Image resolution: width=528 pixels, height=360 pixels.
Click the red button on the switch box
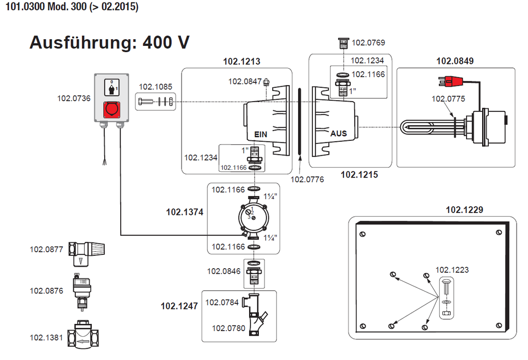point(112,110)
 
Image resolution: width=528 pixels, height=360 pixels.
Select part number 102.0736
point(74,98)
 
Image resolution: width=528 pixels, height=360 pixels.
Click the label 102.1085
point(156,87)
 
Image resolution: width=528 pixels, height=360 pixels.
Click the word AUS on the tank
point(339,134)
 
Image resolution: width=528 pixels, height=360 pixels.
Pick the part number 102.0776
point(307,179)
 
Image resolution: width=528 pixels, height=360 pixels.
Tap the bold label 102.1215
point(359,175)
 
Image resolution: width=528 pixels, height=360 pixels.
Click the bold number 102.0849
point(455,61)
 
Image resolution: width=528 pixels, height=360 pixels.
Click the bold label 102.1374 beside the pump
point(185,211)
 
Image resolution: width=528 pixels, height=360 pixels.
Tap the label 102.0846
point(224,271)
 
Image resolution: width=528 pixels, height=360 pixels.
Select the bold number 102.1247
point(179,306)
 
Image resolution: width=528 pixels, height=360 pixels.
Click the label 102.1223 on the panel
point(452,270)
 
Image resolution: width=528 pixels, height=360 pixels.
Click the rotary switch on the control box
point(112,88)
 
